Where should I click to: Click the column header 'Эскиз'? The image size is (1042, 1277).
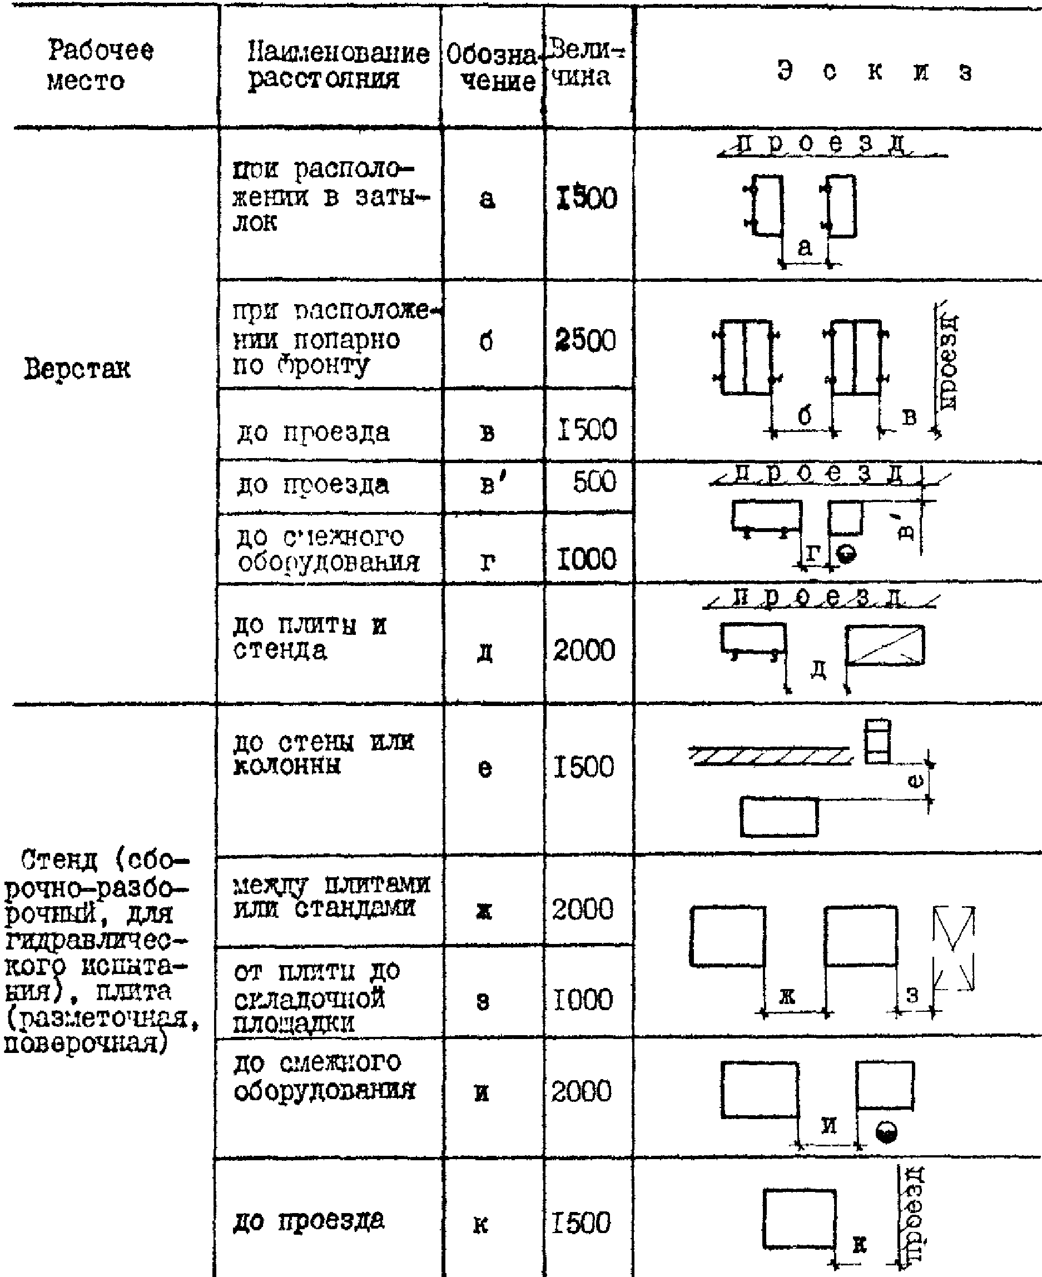point(874,71)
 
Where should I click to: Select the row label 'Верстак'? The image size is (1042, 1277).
point(77,368)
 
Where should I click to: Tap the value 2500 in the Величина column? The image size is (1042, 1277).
point(586,340)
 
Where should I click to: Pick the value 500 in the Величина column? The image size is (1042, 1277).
point(594,482)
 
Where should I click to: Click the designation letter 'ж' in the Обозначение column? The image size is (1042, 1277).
point(484,911)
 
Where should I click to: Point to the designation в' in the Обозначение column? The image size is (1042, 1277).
point(493,484)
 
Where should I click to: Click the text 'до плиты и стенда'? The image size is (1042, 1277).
point(310,637)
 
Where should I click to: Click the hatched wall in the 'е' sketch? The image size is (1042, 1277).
point(770,756)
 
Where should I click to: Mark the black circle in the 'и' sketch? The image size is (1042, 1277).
point(886,1132)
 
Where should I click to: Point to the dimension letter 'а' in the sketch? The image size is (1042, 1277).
point(805,246)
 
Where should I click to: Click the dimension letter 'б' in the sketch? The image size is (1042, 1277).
point(805,415)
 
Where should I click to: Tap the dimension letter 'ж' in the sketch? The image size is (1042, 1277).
point(787,996)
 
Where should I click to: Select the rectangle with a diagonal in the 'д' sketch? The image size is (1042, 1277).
point(885,645)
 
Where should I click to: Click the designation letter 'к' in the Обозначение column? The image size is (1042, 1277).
point(480,1224)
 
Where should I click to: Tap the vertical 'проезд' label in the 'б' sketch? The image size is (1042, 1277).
point(948,362)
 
